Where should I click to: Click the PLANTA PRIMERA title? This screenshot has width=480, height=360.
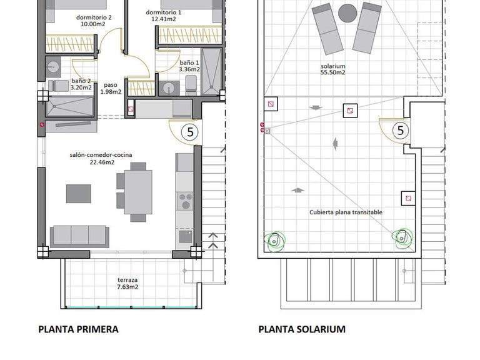[78, 329]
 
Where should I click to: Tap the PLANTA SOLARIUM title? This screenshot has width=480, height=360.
[302, 329]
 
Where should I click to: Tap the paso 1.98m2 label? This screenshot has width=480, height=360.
[111, 89]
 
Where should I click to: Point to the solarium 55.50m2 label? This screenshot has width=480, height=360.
[333, 69]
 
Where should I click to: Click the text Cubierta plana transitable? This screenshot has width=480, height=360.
[346, 212]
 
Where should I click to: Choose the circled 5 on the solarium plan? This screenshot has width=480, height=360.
[401, 131]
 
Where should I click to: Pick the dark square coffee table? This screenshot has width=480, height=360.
[79, 193]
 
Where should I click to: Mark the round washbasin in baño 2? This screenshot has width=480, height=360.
[52, 65]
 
